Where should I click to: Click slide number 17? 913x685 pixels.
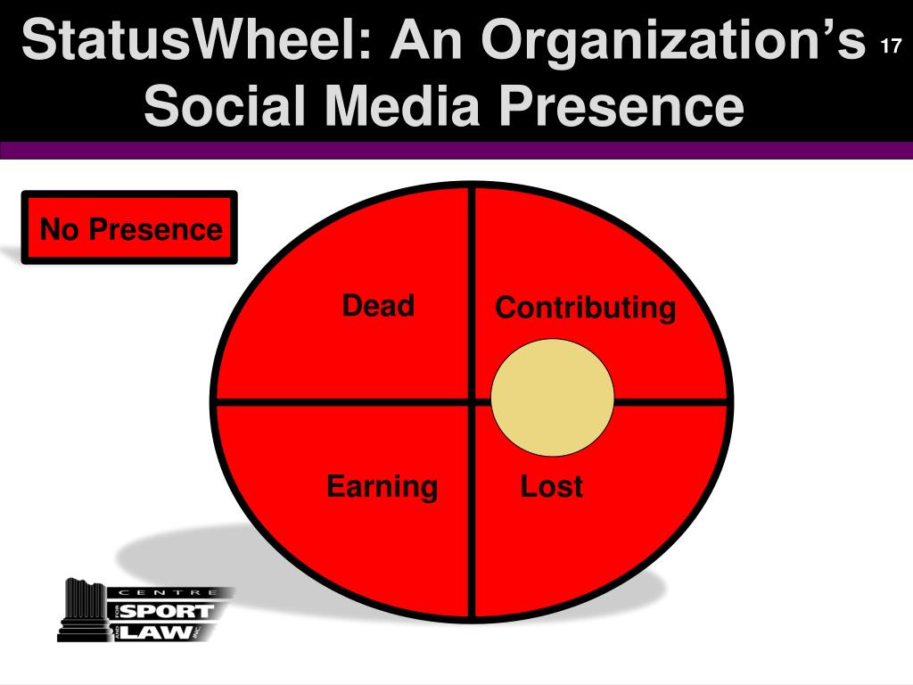pyautogui.click(x=889, y=47)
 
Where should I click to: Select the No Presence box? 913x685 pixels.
pyautogui.click(x=129, y=228)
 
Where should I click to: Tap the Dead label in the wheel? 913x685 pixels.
pyautogui.click(x=378, y=306)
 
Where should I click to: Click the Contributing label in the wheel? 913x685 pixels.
pyautogui.click(x=585, y=309)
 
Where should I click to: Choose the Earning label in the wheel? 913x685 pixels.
pyautogui.click(x=382, y=487)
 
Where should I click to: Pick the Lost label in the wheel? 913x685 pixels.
pyautogui.click(x=551, y=487)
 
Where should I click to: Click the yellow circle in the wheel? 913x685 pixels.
pyautogui.click(x=553, y=398)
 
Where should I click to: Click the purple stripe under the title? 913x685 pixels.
pyautogui.click(x=456, y=151)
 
